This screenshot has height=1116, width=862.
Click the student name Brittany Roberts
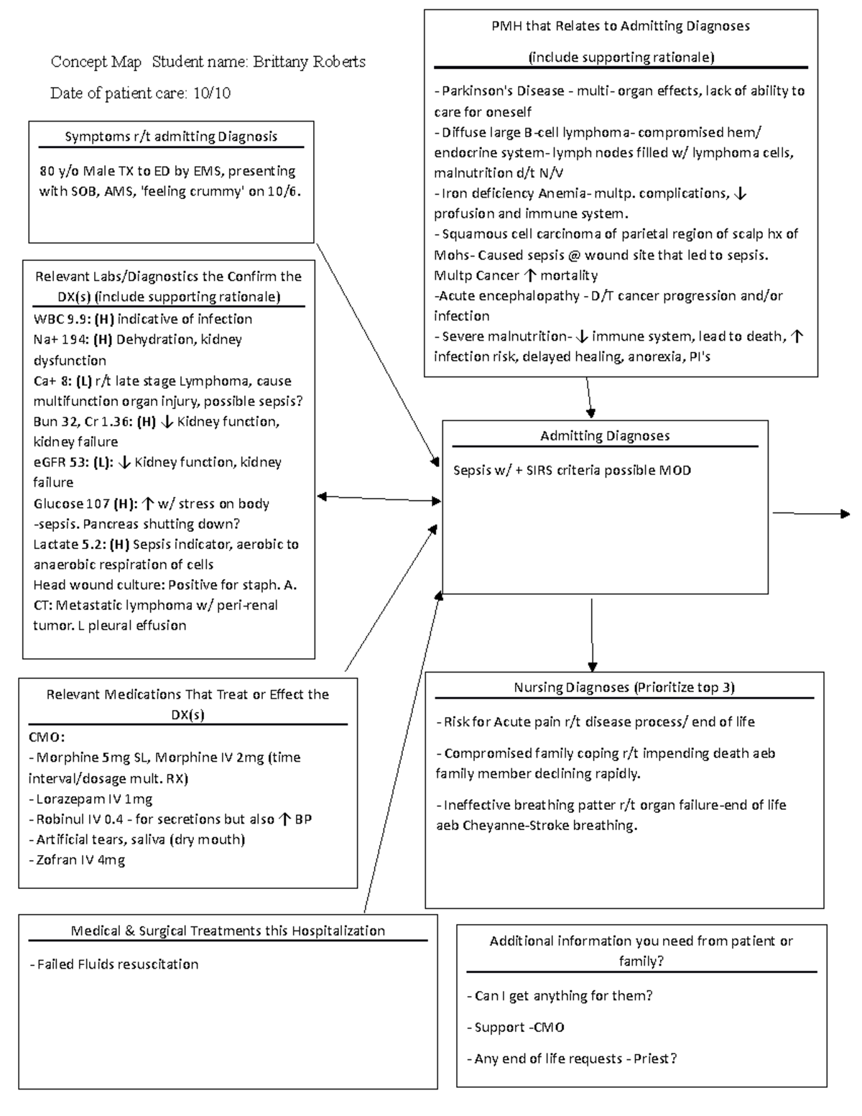pos(309,63)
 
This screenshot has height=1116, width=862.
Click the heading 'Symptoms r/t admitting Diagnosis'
pos(171,137)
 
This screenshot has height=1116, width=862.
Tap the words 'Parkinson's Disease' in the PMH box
pos(503,91)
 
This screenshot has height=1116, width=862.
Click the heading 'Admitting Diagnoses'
pos(605,436)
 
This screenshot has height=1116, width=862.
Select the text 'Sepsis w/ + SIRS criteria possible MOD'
pos(573,471)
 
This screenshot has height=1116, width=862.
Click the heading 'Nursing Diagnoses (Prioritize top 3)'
pos(624,688)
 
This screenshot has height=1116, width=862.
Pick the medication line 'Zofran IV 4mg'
pos(80,859)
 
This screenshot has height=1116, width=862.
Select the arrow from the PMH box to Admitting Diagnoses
pos(589,397)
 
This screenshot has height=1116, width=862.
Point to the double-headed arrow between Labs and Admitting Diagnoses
pos(379,498)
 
